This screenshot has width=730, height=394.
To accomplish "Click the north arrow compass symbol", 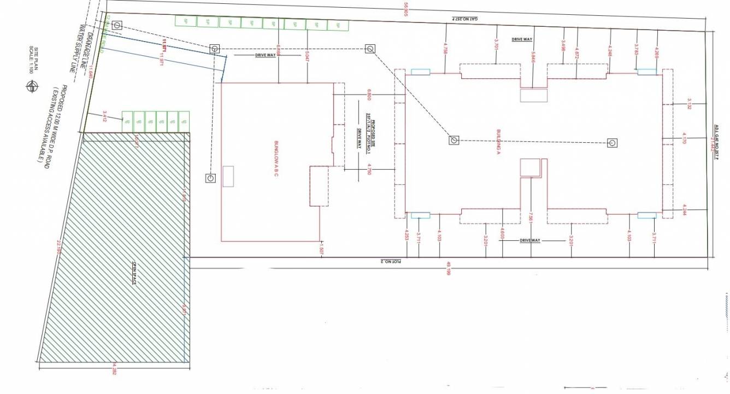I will (x=32, y=86).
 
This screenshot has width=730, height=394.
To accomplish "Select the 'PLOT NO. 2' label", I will (x=392, y=261).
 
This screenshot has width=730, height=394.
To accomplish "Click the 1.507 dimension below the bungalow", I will (x=323, y=249).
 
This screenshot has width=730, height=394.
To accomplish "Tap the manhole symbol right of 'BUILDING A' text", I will (x=613, y=143).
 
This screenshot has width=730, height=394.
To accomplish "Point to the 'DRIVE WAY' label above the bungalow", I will (x=264, y=55).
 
